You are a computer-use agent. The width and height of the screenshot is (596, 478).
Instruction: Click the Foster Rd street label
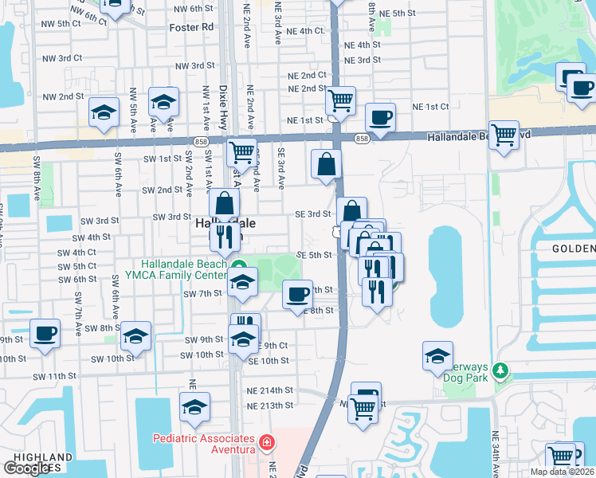[x=192, y=27]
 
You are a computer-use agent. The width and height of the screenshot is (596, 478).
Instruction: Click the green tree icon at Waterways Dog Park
[x=500, y=370]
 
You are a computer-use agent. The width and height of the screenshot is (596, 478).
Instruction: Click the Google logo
[x=26, y=468]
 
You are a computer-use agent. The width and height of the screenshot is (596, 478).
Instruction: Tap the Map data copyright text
[x=563, y=472]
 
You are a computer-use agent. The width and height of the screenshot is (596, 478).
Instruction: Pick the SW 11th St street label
[x=54, y=375]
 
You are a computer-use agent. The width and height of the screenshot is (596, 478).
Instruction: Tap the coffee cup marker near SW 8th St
[x=45, y=332]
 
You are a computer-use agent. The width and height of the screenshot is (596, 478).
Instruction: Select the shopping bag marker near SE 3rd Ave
[x=327, y=164]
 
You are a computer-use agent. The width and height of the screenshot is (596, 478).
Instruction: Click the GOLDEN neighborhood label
[x=574, y=249]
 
